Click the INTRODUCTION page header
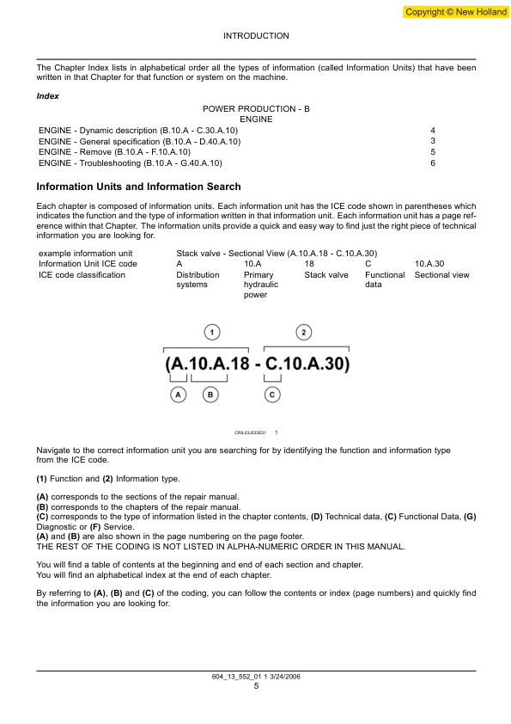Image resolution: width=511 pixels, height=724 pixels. (x=256, y=36)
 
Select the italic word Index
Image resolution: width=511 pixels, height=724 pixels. (x=48, y=96)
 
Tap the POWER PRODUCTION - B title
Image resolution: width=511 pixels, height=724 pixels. (x=256, y=109)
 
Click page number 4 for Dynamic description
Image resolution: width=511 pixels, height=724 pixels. (x=433, y=130)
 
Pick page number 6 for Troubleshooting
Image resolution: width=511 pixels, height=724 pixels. (x=433, y=163)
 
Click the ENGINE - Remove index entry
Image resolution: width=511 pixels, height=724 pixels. (x=114, y=151)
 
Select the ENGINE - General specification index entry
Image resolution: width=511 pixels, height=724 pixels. (x=140, y=141)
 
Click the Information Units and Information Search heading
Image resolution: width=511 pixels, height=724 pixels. (x=138, y=187)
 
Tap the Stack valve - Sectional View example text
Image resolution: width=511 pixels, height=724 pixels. (x=277, y=253)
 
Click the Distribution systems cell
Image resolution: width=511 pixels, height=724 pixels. (x=198, y=279)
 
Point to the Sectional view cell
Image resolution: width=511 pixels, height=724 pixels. (x=441, y=275)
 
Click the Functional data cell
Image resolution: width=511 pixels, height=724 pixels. (x=384, y=279)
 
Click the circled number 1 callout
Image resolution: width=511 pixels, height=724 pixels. (x=212, y=332)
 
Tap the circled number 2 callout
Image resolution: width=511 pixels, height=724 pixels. (x=304, y=332)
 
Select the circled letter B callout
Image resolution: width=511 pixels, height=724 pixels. (x=210, y=395)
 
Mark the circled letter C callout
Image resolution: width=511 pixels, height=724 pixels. (x=271, y=395)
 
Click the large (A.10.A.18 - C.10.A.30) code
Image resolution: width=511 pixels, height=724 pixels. (x=257, y=364)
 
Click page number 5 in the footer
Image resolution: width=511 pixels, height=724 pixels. (x=256, y=685)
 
